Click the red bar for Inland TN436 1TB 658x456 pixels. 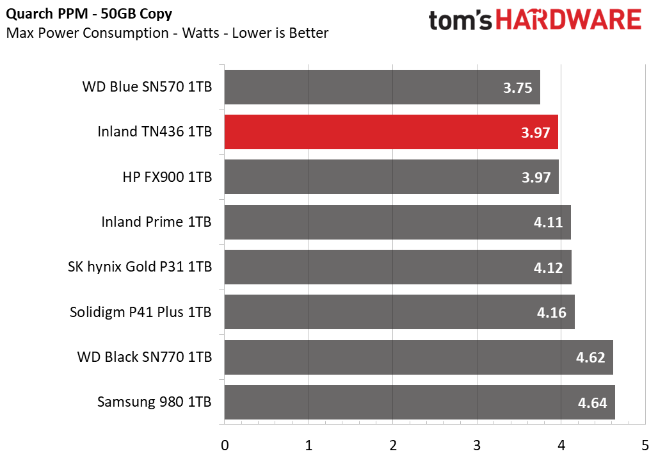click(391, 132)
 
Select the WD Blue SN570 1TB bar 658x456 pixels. click(382, 87)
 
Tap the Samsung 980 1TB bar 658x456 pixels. click(420, 402)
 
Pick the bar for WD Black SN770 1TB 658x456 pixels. click(419, 357)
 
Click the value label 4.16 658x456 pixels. click(551, 313)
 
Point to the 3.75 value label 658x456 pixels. click(517, 88)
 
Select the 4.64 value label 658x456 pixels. click(593, 403)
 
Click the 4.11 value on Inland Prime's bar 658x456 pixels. click(548, 222)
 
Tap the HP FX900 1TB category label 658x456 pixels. click(167, 177)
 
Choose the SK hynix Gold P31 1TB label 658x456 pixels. click(140, 267)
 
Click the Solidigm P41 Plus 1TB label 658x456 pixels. click(141, 312)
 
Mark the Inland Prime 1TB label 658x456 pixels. click(157, 222)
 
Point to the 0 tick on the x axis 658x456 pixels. click(225, 445)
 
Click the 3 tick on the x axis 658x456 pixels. click(477, 445)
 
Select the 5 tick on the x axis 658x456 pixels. click(645, 445)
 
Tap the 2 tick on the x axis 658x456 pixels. click(393, 445)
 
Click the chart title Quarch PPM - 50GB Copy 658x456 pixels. click(89, 14)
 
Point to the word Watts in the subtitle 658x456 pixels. click(200, 33)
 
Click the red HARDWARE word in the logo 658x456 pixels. click(568, 20)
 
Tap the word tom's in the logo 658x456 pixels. click(460, 20)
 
